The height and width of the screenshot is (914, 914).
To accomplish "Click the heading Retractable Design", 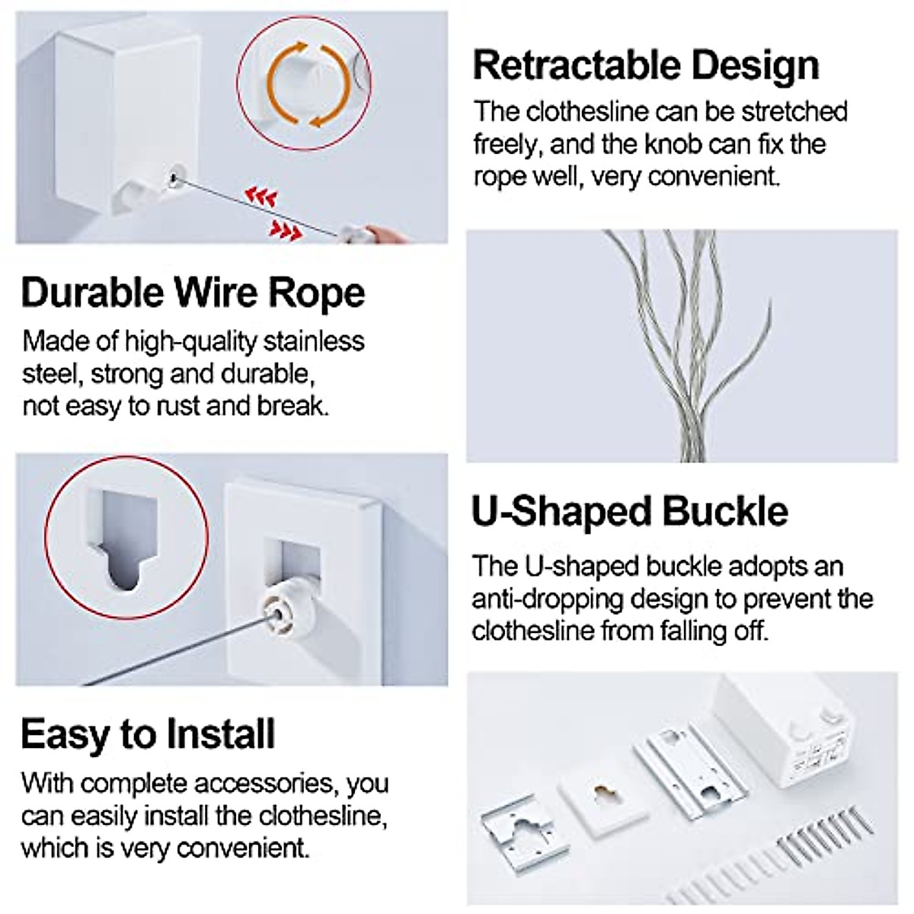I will pos(646,66).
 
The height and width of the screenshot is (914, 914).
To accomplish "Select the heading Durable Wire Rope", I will pos(193,293).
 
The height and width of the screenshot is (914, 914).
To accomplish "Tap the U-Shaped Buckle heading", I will pos(629,511).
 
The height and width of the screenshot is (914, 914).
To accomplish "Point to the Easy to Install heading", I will pos(148,734).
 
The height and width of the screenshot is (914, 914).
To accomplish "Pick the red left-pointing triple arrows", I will pos(260,197).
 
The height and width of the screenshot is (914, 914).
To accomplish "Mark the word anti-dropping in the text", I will pos(554,599).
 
